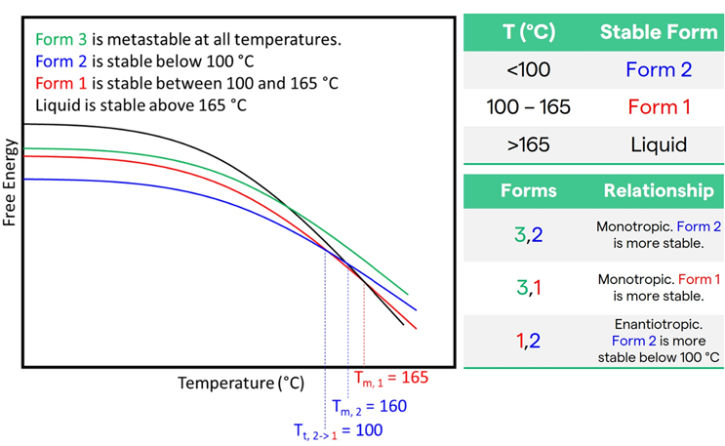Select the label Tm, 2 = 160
pyautogui.click(x=369, y=405)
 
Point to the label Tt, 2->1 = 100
pyautogui.click(x=338, y=429)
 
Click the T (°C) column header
pyautogui.click(x=529, y=31)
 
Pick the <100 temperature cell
pyautogui.click(x=529, y=70)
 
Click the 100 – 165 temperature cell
pyautogui.click(x=529, y=107)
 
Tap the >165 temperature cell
pyautogui.click(x=529, y=145)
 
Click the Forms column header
pyautogui.click(x=529, y=190)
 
